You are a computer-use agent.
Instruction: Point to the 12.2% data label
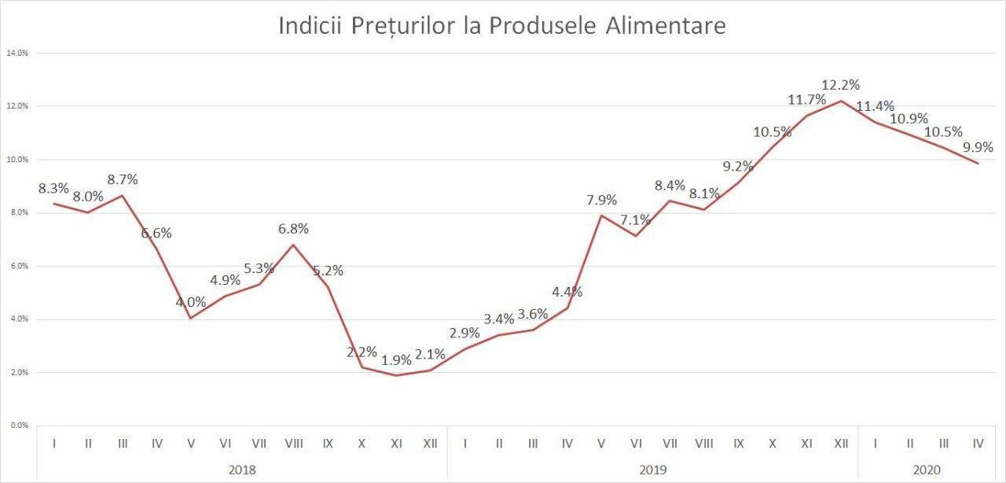pos(840,84)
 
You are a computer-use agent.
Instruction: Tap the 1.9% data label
pos(396,360)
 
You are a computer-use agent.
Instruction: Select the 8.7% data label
pos(122,179)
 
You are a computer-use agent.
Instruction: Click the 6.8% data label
pos(293,229)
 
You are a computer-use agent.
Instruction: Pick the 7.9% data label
pos(601,200)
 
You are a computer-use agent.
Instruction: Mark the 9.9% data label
pos(978,147)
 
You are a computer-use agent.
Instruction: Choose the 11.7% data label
pos(806,100)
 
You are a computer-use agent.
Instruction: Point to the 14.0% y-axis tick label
pos(17,53)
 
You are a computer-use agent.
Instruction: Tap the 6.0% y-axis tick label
pos(17,266)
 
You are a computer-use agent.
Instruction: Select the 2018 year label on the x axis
pos(241,470)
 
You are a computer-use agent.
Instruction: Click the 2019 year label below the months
pos(652,470)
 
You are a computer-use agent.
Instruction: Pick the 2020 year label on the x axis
pos(926,470)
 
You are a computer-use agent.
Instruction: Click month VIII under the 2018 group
pos(293,444)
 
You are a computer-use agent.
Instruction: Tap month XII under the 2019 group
pos(840,444)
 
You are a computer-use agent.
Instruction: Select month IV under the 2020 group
pos(978,444)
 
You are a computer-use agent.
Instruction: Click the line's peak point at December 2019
pos(841,101)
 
